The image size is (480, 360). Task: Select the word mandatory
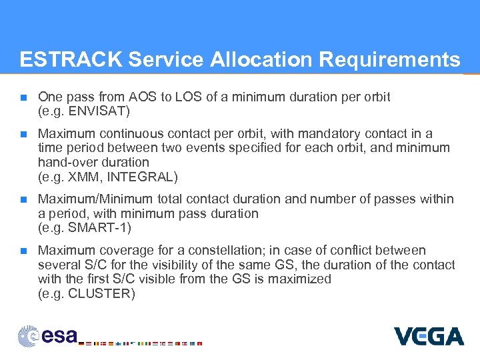coord(325,133)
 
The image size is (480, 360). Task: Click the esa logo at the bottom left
coord(48,335)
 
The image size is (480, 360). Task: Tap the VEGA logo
coord(428,336)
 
